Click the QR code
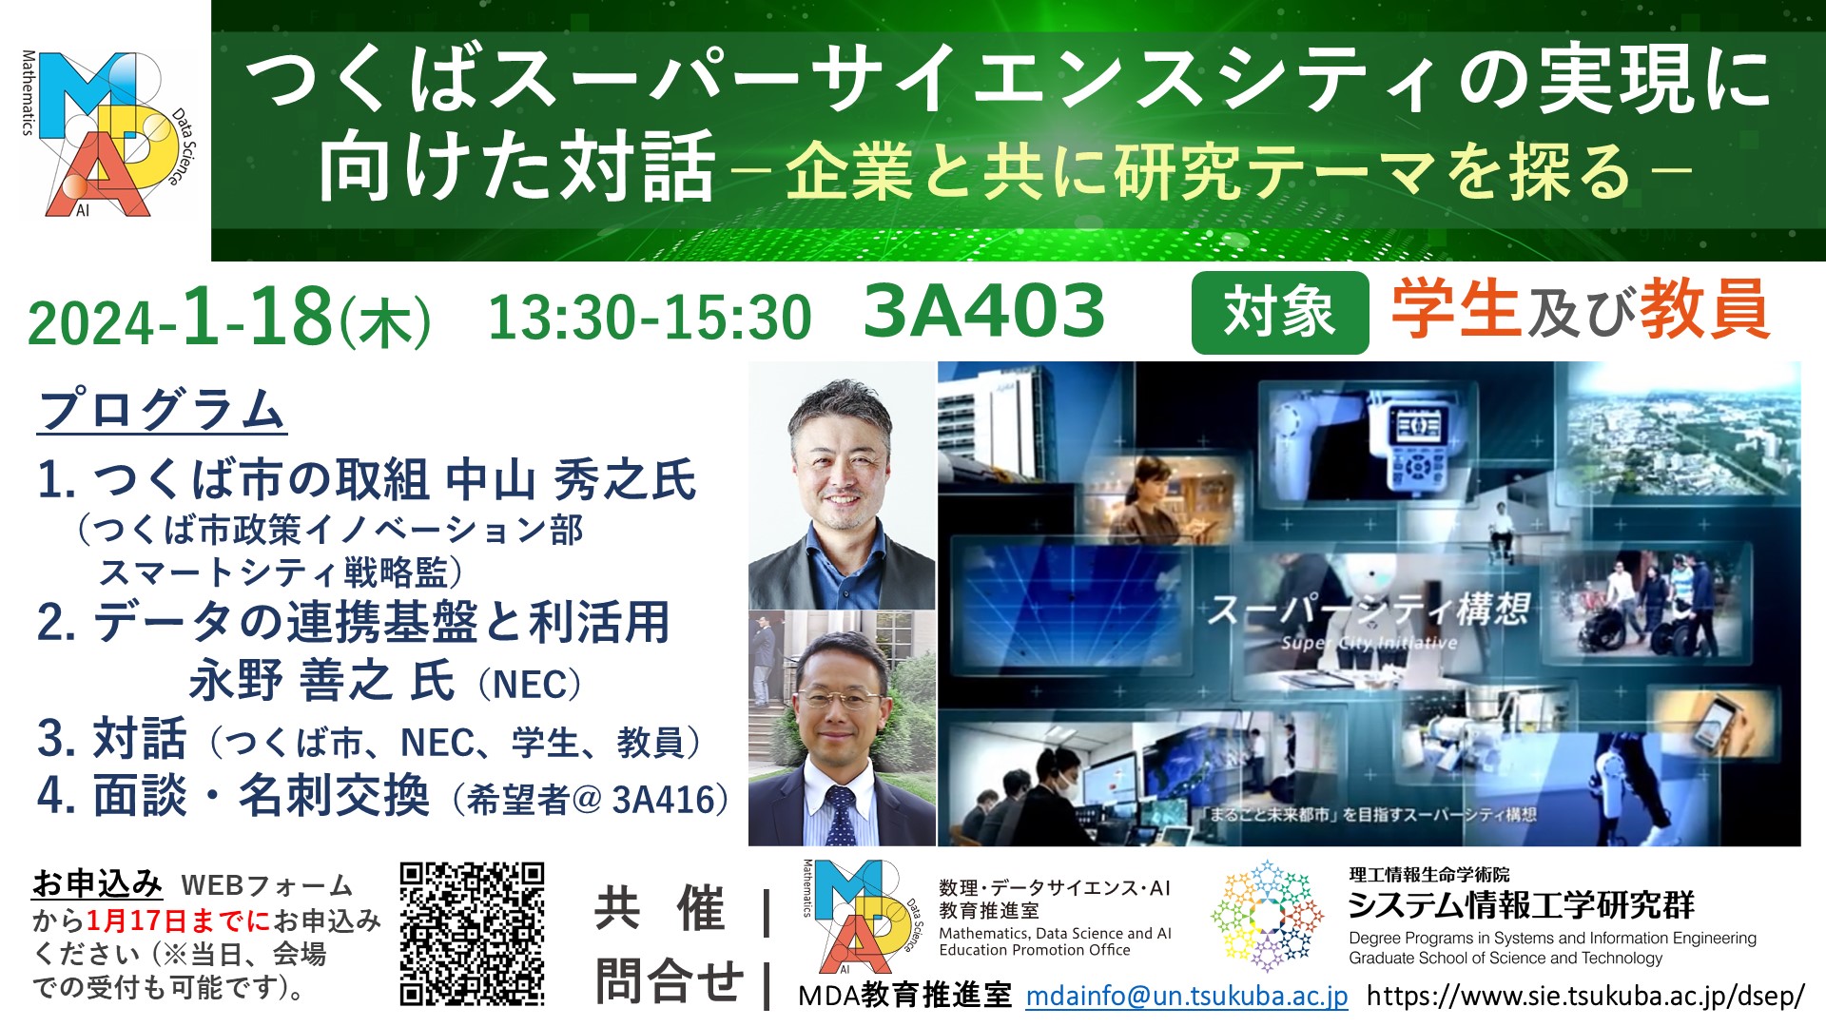(x=472, y=934)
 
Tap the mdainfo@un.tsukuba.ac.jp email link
(x=1187, y=996)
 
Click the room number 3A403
(x=984, y=311)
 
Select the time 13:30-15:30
(x=650, y=317)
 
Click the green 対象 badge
(x=1279, y=312)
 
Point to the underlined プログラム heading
(x=162, y=410)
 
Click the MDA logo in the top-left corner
(x=105, y=133)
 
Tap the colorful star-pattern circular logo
(x=1267, y=916)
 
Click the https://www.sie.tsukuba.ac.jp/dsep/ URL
(x=1585, y=996)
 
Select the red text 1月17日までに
(x=179, y=920)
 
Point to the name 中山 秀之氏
(x=572, y=479)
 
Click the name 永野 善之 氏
(x=322, y=681)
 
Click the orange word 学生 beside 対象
(x=1456, y=310)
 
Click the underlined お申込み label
(x=97, y=883)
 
